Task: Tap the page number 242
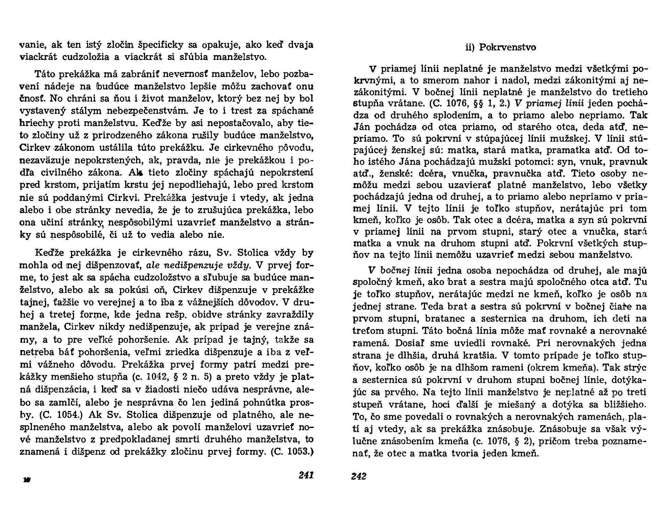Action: [x=359, y=476]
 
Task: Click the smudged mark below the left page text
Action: [x=26, y=480]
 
